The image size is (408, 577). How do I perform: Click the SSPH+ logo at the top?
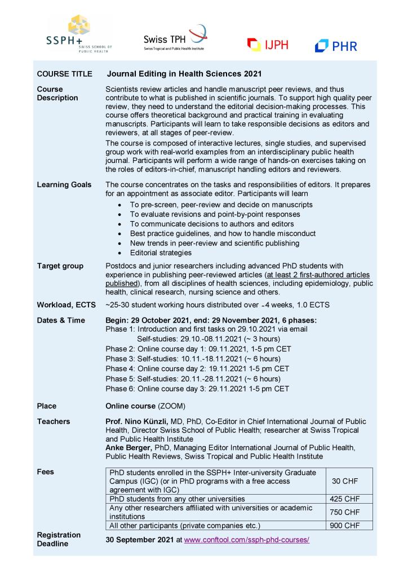[x=79, y=34]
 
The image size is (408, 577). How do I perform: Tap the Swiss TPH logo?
[x=175, y=38]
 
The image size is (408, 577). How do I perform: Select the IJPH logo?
[x=268, y=44]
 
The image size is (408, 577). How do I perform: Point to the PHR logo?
[x=336, y=46]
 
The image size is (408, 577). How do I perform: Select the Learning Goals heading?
[x=64, y=184]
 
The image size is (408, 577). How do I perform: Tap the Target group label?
[x=60, y=266]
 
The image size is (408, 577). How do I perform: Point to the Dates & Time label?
[x=61, y=320]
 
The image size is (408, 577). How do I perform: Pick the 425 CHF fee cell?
[x=344, y=499]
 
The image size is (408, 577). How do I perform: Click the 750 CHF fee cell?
[x=344, y=512]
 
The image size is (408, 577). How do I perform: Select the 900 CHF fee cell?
[x=344, y=526]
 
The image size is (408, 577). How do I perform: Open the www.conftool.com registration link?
[x=247, y=540]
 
